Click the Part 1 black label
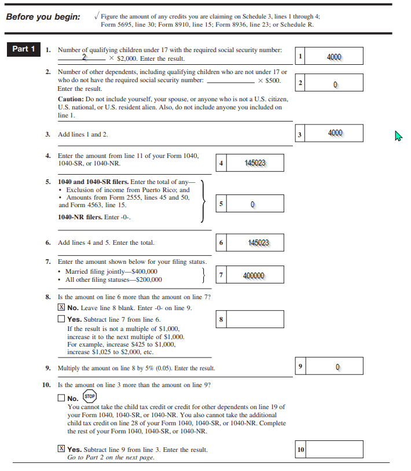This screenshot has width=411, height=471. click(x=24, y=49)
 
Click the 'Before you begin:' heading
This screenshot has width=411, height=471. click(x=43, y=17)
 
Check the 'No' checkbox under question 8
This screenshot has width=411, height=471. click(x=61, y=308)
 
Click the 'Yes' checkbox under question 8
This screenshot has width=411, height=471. click(x=61, y=319)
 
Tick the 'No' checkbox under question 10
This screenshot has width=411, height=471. click(x=61, y=398)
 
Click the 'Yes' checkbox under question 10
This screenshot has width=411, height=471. click(x=61, y=449)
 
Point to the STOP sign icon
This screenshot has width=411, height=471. click(x=89, y=397)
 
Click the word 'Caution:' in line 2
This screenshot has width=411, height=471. click(x=72, y=100)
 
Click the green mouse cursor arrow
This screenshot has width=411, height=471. click(x=398, y=136)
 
